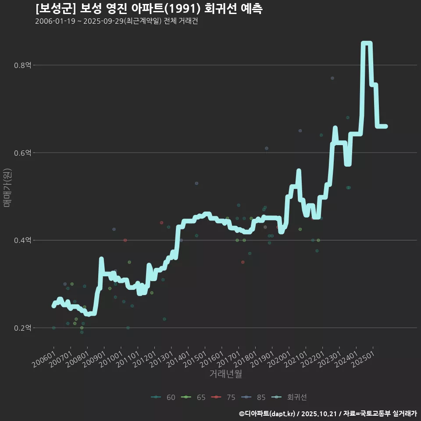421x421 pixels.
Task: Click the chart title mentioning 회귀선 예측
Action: [x=149, y=8]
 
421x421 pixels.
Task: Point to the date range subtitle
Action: [x=116, y=21]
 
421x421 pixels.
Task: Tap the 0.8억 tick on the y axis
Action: [x=22, y=65]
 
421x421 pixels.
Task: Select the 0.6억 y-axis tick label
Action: [x=22, y=153]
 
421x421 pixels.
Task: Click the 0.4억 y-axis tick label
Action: [x=22, y=240]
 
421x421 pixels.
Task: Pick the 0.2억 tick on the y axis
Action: [x=22, y=328]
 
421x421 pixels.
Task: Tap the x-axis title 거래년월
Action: [x=225, y=374]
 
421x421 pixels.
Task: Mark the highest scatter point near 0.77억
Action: [x=332, y=78]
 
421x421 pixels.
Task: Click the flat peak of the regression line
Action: [x=367, y=43]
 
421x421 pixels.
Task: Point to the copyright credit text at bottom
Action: [x=328, y=414]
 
